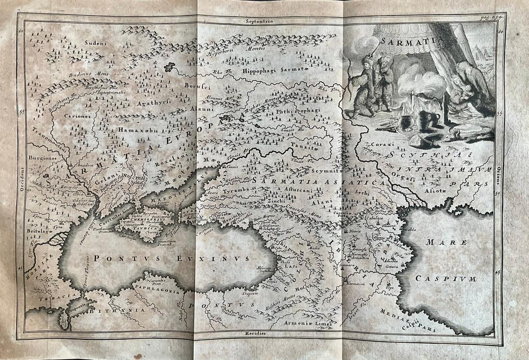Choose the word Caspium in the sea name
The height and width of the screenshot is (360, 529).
point(440,279)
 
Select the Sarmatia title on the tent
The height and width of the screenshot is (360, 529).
point(399,41)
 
